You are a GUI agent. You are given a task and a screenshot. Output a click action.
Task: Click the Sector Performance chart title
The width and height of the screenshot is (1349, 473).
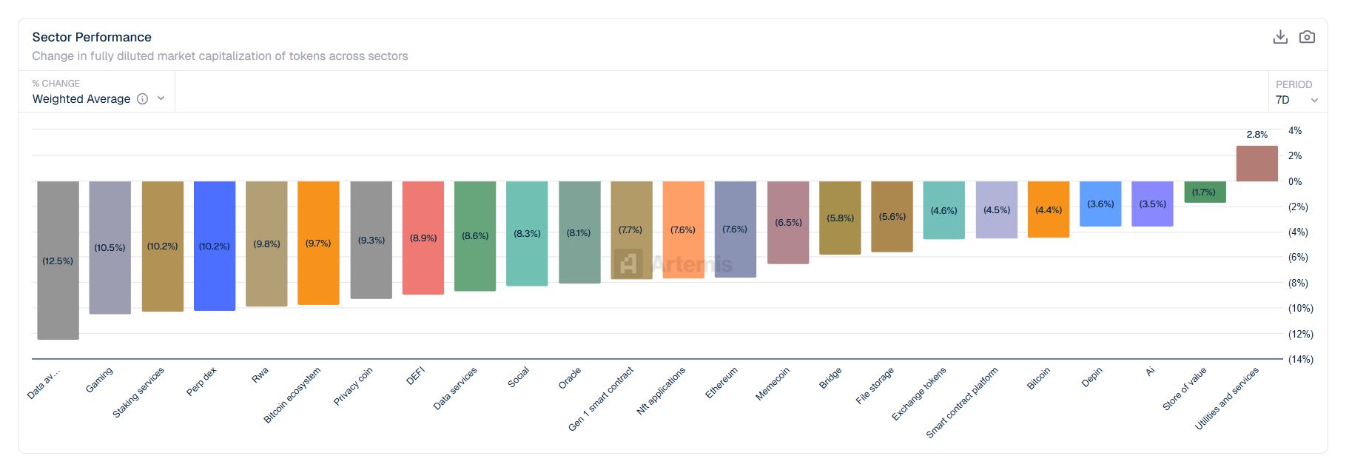[92, 37]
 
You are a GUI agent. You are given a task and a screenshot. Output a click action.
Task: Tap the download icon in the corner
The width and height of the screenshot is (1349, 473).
[1280, 37]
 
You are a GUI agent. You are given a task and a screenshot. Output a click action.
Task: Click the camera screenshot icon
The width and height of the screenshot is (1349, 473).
[1307, 37]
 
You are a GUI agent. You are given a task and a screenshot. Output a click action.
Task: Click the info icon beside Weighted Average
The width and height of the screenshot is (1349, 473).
[143, 99]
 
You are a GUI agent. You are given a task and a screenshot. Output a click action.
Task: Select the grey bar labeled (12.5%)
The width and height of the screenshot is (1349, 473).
[58, 261]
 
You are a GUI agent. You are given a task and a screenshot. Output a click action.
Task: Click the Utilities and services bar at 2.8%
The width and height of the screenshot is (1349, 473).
[1257, 164]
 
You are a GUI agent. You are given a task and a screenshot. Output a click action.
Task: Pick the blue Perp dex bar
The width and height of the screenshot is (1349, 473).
[215, 246]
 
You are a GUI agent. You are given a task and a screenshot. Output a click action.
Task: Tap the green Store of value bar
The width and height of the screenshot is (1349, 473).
[1205, 192]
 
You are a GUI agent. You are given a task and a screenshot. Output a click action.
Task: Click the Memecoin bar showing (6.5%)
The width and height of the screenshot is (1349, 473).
[788, 222]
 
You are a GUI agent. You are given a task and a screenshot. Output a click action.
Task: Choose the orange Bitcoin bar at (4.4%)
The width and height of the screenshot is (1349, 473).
[1049, 209]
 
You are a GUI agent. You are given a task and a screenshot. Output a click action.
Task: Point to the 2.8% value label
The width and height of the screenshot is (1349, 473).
[1257, 135]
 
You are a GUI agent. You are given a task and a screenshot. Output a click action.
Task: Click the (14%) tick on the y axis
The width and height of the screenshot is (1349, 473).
[1300, 359]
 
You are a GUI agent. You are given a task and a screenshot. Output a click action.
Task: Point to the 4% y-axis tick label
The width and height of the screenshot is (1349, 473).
[1295, 130]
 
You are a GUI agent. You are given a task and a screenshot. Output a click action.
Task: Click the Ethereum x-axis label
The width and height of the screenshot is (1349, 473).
[721, 383]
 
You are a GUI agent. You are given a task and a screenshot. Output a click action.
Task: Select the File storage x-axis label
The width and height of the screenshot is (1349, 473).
[875, 386]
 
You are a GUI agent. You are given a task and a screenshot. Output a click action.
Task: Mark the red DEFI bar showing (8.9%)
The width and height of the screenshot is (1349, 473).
[423, 238]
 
